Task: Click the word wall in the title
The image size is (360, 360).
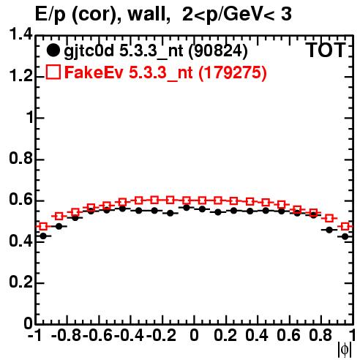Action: [149, 15]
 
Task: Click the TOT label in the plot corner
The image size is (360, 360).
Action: [326, 50]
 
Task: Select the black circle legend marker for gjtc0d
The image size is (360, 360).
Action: [53, 50]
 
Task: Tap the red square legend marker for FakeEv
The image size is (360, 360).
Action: [53, 72]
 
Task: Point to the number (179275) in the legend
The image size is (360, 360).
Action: [233, 72]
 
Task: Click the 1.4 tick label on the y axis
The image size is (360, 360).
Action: [20, 34]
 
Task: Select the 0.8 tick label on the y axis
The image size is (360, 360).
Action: [20, 158]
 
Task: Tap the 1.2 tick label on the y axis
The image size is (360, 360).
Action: [20, 76]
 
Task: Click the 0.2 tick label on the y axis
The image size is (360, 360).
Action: [20, 282]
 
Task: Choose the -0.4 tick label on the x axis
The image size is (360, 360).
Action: [130, 335]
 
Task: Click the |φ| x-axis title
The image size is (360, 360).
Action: [345, 350]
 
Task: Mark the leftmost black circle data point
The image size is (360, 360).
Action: [43, 236]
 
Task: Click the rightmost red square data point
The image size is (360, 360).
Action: [345, 226]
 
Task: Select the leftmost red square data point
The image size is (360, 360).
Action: [43, 226]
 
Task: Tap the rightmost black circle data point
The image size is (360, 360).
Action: [345, 236]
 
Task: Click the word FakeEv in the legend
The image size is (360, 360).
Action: [94, 72]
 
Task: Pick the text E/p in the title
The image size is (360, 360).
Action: [50, 15]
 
